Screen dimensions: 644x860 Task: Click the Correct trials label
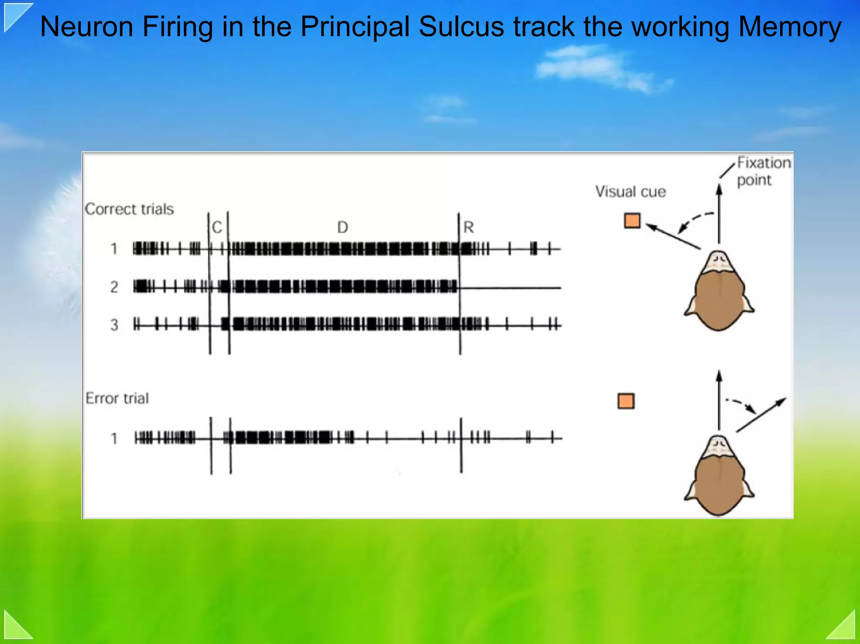[129, 209]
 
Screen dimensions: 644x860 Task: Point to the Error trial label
[117, 398]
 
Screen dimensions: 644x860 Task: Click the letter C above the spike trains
[217, 228]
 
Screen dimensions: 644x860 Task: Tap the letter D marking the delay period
[343, 228]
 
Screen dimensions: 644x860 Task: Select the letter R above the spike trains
[468, 228]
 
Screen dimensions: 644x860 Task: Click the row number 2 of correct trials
[114, 287]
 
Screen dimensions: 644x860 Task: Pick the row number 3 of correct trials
[114, 325]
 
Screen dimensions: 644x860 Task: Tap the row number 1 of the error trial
[114, 439]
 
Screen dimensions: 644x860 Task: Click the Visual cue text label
[630, 192]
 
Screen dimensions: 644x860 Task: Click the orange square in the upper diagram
[632, 220]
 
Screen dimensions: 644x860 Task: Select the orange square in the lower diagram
[626, 401]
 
